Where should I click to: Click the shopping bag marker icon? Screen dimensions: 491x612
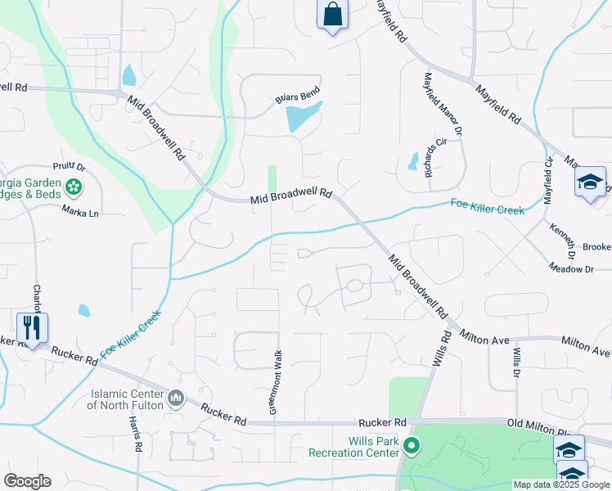[332, 15]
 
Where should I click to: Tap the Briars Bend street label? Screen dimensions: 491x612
[297, 97]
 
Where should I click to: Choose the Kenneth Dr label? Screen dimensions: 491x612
[563, 240]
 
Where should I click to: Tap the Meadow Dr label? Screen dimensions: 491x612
[569, 268]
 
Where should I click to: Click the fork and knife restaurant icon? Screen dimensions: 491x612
[32, 328]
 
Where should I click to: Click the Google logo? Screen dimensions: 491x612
[27, 481]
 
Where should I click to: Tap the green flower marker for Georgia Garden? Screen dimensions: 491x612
[74, 187]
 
